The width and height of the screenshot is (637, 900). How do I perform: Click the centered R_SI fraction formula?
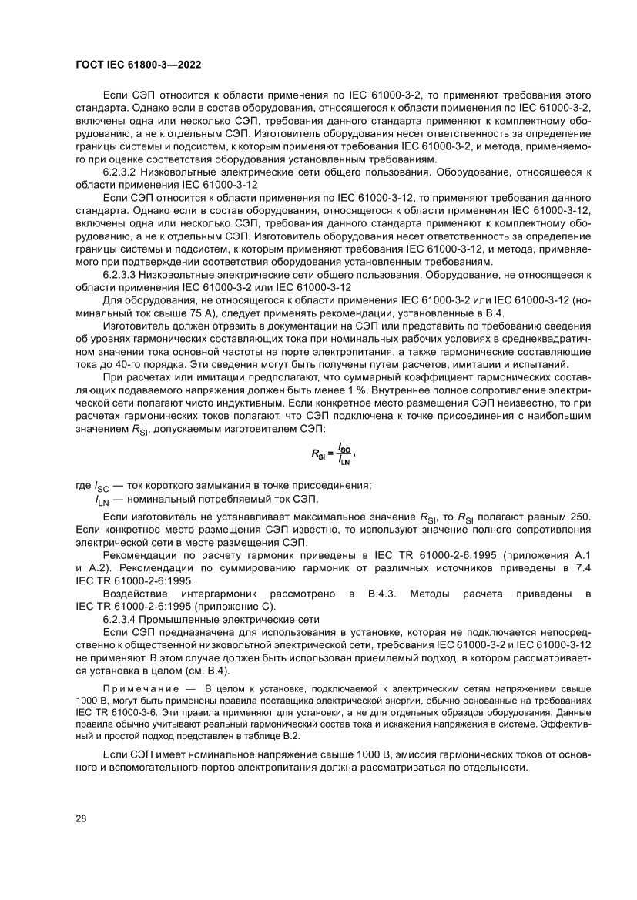(333, 456)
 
